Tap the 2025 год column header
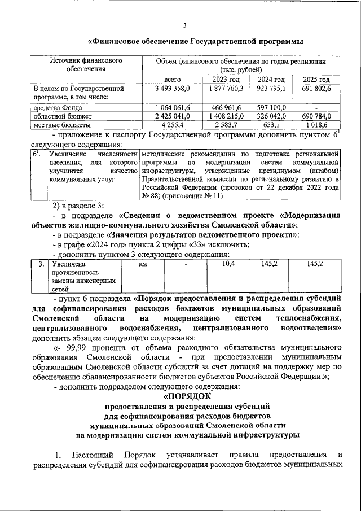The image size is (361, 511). click(x=317, y=79)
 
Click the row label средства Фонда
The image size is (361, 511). click(x=58, y=107)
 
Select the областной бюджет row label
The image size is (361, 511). click(x=60, y=116)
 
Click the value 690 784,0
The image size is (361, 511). click(x=317, y=116)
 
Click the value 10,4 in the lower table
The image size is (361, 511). click(x=228, y=264)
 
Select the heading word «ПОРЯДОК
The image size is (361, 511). click(x=180, y=397)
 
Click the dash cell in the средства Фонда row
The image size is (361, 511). click(x=317, y=107)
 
